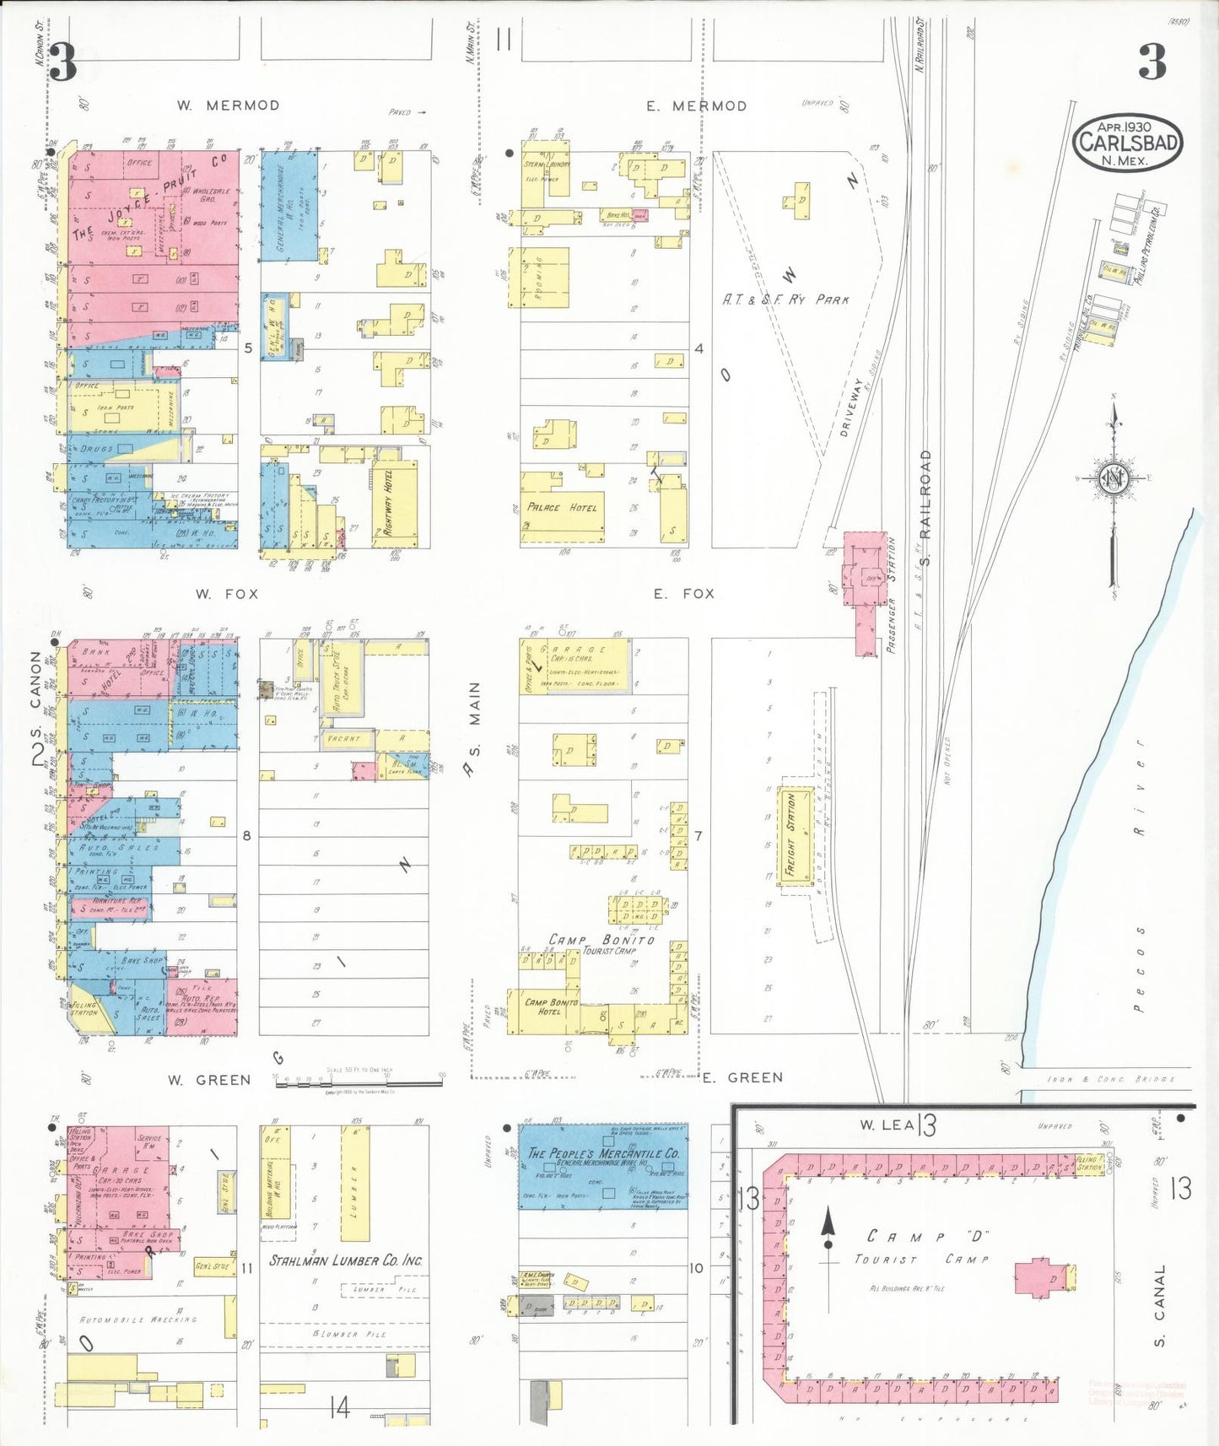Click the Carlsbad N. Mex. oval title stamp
point(1127,143)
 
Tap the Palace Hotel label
point(562,507)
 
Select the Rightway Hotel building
point(393,503)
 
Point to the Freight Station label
point(790,834)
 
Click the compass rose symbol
point(1113,478)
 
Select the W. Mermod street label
point(228,105)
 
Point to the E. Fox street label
point(683,594)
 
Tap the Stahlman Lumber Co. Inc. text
point(346,1260)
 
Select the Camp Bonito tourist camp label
point(601,940)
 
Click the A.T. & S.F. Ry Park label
point(785,299)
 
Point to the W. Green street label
point(208,1080)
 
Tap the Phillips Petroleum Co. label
point(1151,244)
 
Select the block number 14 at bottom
point(339,1407)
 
